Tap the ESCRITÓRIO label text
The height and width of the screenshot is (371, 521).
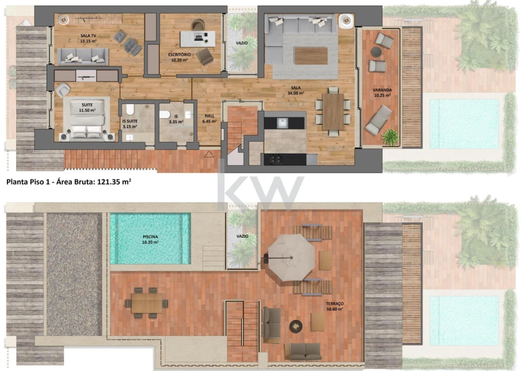click(179, 57)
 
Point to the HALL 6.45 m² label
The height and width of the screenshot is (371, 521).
click(209, 119)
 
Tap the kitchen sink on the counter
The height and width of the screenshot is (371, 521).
click(282, 123)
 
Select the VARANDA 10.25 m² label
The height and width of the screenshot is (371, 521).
click(382, 93)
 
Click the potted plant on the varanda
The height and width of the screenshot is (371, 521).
click(391, 137)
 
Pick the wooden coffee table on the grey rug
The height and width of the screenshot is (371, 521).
click(311, 56)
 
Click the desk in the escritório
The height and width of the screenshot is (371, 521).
click(197, 37)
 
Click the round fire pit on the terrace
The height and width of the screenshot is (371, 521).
click(296, 326)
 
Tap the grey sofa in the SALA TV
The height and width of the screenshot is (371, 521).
click(83, 57)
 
